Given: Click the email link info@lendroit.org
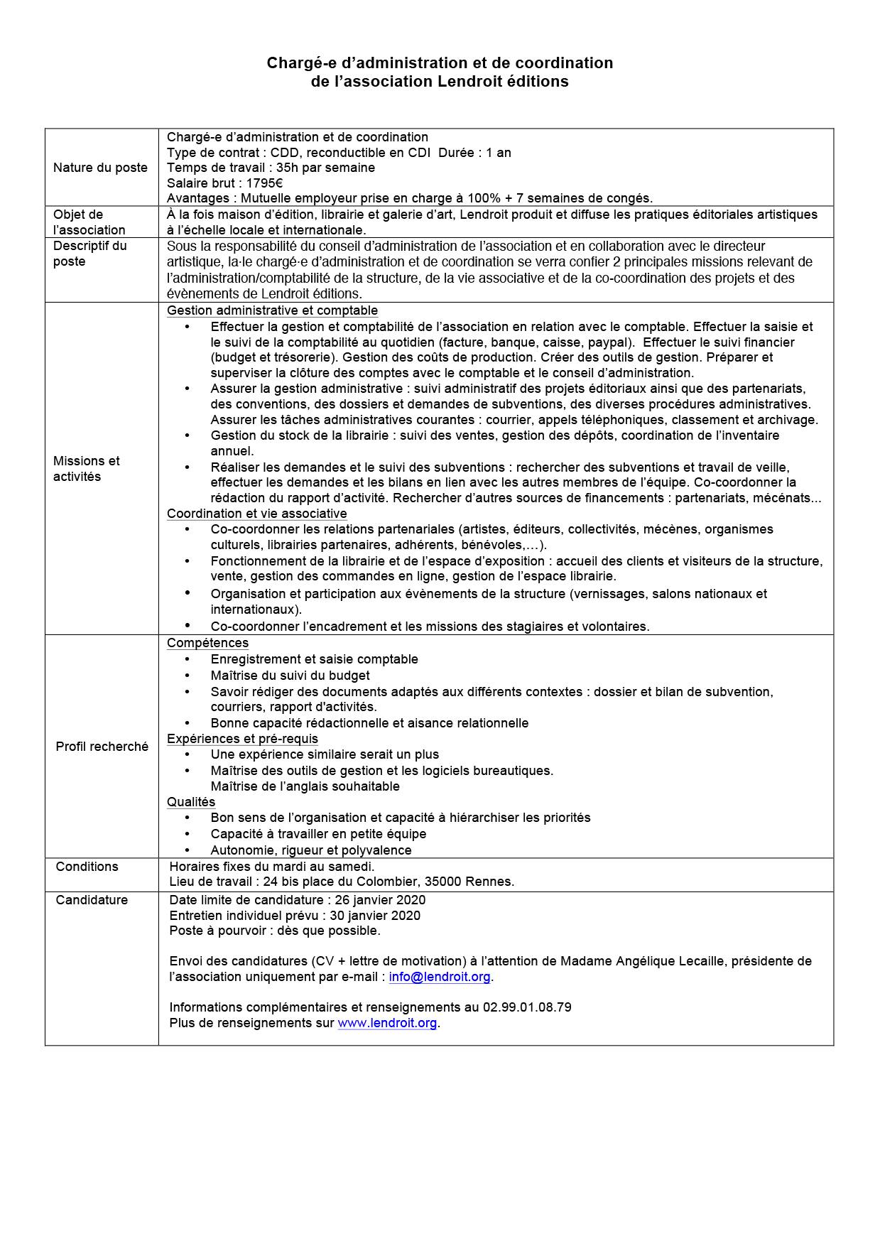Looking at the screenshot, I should pos(440,977).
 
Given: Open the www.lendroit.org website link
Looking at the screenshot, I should pos(387,1024).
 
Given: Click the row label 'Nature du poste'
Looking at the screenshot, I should pos(100,168).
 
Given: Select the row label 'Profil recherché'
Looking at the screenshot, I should pos(102,747).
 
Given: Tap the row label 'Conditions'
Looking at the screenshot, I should pos(87,867).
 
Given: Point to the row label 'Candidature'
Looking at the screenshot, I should pos(92,900).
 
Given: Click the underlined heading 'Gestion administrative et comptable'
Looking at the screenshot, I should pos(272,310).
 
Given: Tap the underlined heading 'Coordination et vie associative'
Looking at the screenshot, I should pos(256,514).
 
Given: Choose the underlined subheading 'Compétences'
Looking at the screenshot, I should pos(207,643).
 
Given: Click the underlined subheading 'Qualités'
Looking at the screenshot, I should pos(190,802).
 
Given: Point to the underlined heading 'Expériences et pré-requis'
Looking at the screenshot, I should pos(242,739).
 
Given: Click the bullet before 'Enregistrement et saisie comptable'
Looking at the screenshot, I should pos(188,659).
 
